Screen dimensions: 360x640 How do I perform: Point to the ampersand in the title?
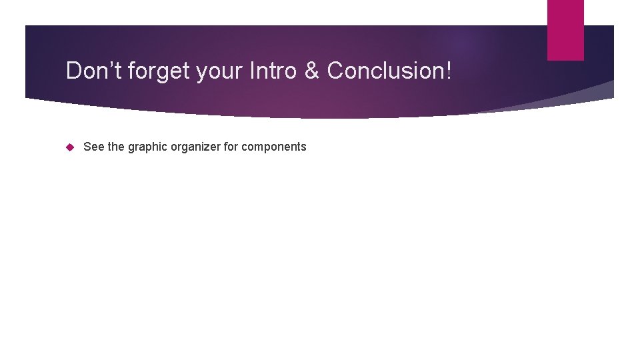pyautogui.click(x=311, y=71)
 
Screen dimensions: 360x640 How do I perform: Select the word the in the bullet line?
pyautogui.click(x=116, y=147)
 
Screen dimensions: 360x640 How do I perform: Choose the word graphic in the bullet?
pyautogui.click(x=147, y=147)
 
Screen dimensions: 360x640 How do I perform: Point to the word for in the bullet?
pyautogui.click(x=231, y=147)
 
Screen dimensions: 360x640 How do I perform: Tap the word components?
pyautogui.click(x=274, y=147)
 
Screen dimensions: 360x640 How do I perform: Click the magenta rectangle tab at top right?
pyautogui.click(x=565, y=30)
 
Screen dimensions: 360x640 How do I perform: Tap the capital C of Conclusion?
pyautogui.click(x=335, y=71)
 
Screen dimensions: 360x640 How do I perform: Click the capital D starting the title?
pyautogui.click(x=73, y=71)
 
